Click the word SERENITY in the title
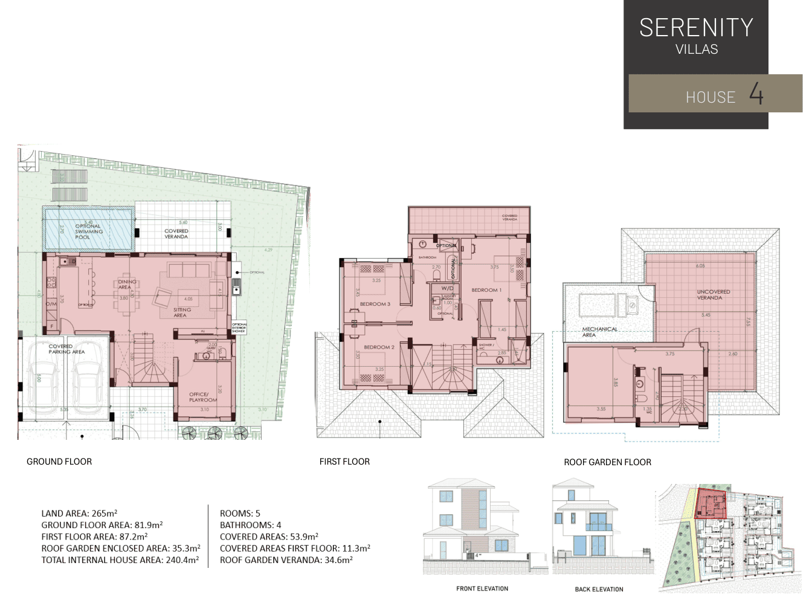coord(696,28)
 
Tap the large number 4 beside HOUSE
coord(756,94)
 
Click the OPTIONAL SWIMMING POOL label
coord(88,231)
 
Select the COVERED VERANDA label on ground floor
coord(176,234)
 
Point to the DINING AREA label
coord(127,285)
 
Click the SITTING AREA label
coord(181,312)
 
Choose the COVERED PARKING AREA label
coord(66,349)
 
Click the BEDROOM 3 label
coord(375,304)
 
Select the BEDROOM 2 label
coord(379,347)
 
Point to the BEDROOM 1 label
coord(486,290)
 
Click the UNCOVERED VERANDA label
coord(713,295)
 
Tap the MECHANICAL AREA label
coord(599,332)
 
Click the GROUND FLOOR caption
coord(59,462)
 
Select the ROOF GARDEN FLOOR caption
coord(607,462)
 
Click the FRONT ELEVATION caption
coord(482,588)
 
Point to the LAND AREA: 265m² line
coord(79,514)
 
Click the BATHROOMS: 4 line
coord(250,525)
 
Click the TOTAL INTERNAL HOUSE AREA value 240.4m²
coord(182,560)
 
